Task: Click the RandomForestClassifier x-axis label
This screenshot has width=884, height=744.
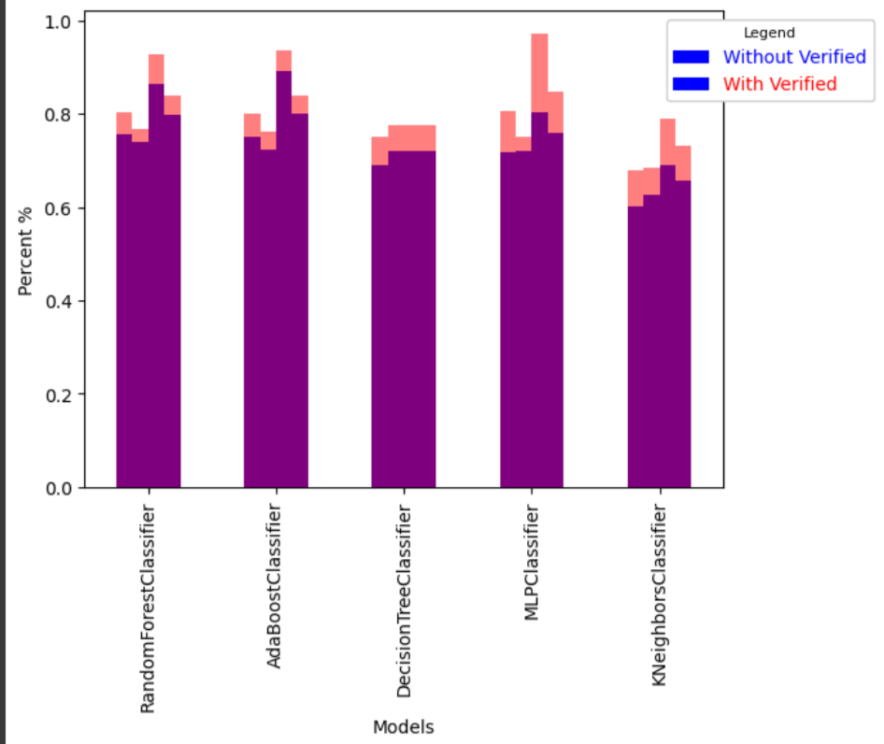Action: pyautogui.click(x=148, y=609)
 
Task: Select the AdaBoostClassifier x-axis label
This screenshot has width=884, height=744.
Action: pyautogui.click(x=275, y=586)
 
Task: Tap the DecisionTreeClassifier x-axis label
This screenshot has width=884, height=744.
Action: pyautogui.click(x=404, y=601)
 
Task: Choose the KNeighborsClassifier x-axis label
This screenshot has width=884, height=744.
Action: pyautogui.click(x=659, y=595)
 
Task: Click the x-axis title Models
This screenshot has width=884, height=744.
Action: pyautogui.click(x=403, y=727)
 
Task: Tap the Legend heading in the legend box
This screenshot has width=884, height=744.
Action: pyautogui.click(x=769, y=34)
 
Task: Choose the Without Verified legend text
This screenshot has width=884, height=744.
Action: pyautogui.click(x=794, y=57)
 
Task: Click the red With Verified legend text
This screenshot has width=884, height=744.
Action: pyautogui.click(x=780, y=84)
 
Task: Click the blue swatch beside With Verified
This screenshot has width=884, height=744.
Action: pyautogui.click(x=691, y=84)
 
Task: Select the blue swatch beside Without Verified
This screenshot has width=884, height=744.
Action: pyautogui.click(x=691, y=58)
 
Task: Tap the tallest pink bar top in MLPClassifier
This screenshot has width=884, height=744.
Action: pyautogui.click(x=539, y=36)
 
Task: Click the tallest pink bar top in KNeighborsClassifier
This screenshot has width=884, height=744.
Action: pyautogui.click(x=667, y=121)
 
